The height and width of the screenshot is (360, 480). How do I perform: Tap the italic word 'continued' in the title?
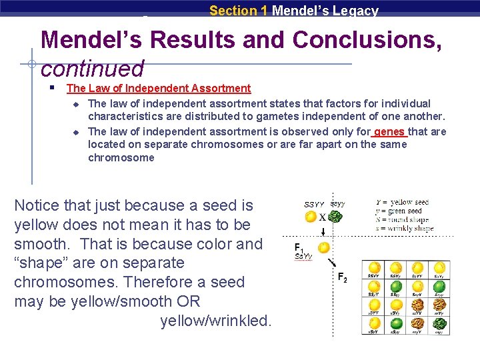tap(92, 68)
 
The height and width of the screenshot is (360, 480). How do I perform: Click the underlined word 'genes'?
tap(389, 131)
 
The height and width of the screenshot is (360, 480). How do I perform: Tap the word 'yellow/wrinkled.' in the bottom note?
tap(216, 321)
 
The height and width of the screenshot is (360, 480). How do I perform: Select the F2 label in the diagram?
tap(342, 277)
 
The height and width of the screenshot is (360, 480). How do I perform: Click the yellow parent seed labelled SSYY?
tap(311, 217)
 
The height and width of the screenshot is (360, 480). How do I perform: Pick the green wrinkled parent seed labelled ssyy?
tap(337, 217)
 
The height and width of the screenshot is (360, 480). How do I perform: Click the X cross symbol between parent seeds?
tap(322, 217)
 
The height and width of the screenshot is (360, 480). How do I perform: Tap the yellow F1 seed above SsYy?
tap(323, 248)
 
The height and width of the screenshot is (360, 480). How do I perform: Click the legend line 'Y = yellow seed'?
tap(401, 202)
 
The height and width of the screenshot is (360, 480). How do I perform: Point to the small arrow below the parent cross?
tap(323, 231)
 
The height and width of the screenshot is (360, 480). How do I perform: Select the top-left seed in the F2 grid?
tap(375, 267)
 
